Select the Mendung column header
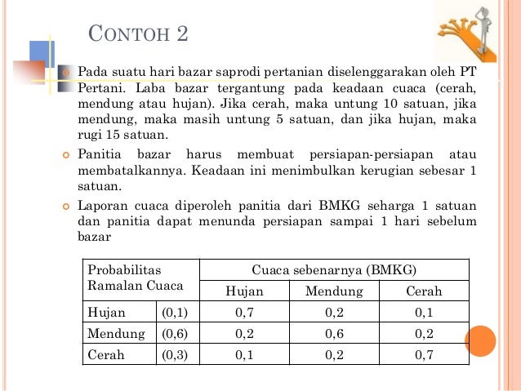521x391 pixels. [x=334, y=291]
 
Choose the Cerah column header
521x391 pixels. [x=424, y=291]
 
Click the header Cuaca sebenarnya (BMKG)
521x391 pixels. [x=334, y=270]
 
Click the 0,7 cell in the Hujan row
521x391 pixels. [x=245, y=312]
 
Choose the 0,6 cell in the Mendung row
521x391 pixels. [x=334, y=333]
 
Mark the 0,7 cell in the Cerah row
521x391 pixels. [x=424, y=355]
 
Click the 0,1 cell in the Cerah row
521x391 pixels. [x=245, y=355]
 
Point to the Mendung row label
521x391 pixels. [x=116, y=333]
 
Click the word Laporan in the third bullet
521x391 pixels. [x=101, y=207]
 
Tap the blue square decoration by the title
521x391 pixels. [x=41, y=55]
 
